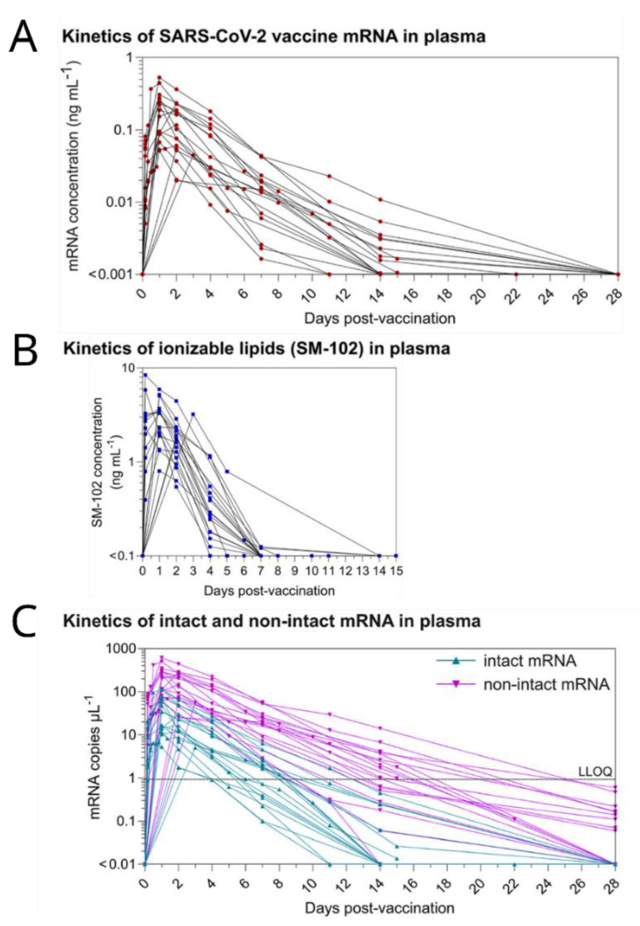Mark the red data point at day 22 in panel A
pos(516,274)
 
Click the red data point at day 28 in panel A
pos(618,274)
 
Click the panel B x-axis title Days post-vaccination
pos(269,591)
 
